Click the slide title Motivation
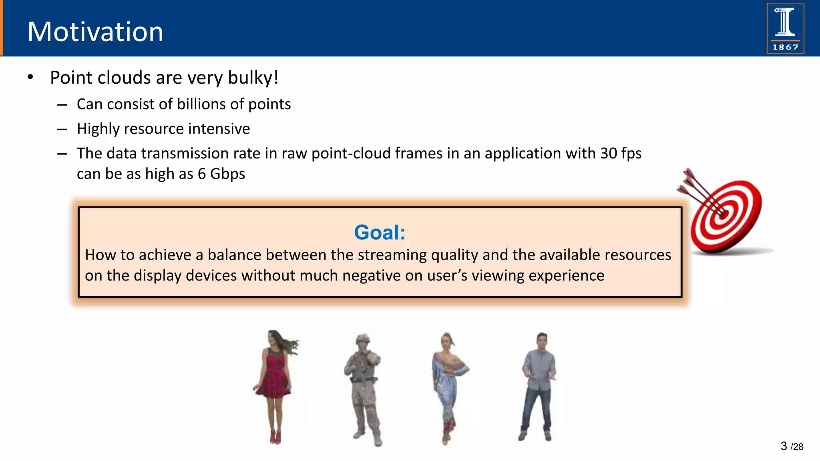pos(95,32)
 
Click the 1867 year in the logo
pos(785,47)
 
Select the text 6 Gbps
pos(221,174)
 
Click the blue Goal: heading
pos(380,233)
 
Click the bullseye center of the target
pos(724,216)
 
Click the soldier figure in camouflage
pos(364,388)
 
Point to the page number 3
pos(784,446)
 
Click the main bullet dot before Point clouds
pos(30,77)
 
